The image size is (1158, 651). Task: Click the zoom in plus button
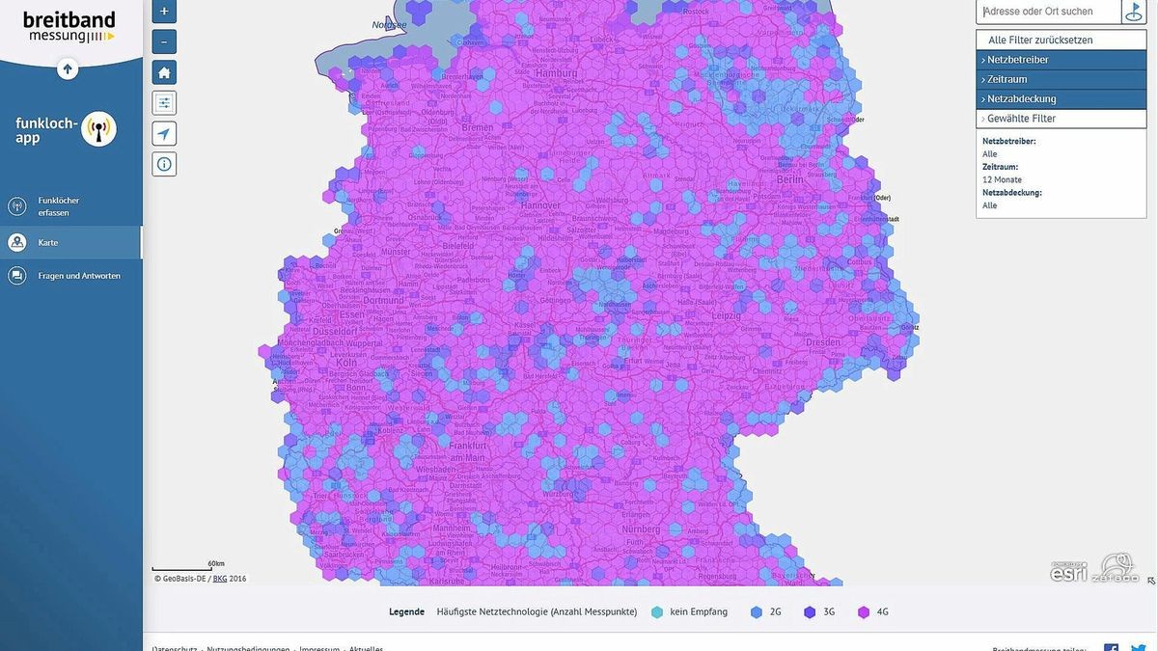click(164, 12)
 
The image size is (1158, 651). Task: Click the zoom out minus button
click(164, 42)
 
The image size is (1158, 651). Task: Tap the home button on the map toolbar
click(164, 72)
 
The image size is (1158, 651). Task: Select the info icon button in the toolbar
click(164, 164)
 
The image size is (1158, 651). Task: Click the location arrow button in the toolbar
click(164, 134)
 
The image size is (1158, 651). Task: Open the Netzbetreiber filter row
click(1061, 60)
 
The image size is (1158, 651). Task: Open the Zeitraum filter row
click(1061, 79)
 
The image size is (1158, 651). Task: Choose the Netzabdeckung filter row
click(1061, 99)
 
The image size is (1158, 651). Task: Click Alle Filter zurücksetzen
click(1061, 40)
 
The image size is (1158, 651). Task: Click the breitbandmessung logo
click(69, 27)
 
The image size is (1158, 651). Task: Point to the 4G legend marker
click(864, 611)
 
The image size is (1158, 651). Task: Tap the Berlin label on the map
click(789, 179)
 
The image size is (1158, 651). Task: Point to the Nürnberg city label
click(641, 529)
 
